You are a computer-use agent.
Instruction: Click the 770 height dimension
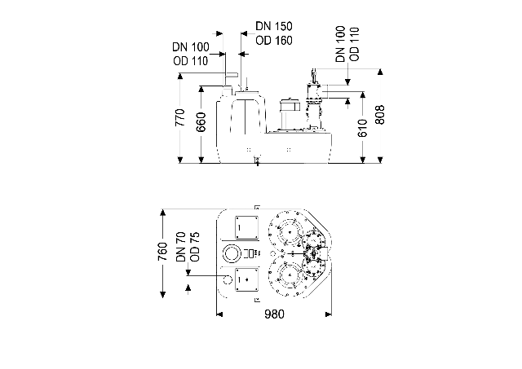(179, 117)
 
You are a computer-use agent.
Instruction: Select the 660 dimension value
(201, 122)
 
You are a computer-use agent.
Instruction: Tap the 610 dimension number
(362, 128)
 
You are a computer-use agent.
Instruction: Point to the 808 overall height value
(380, 115)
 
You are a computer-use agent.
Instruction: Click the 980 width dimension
(274, 314)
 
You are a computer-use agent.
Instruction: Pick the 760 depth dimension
(162, 252)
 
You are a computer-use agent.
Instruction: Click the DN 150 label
(274, 26)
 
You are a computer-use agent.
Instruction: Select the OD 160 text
(274, 41)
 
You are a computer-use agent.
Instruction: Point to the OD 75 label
(195, 247)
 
